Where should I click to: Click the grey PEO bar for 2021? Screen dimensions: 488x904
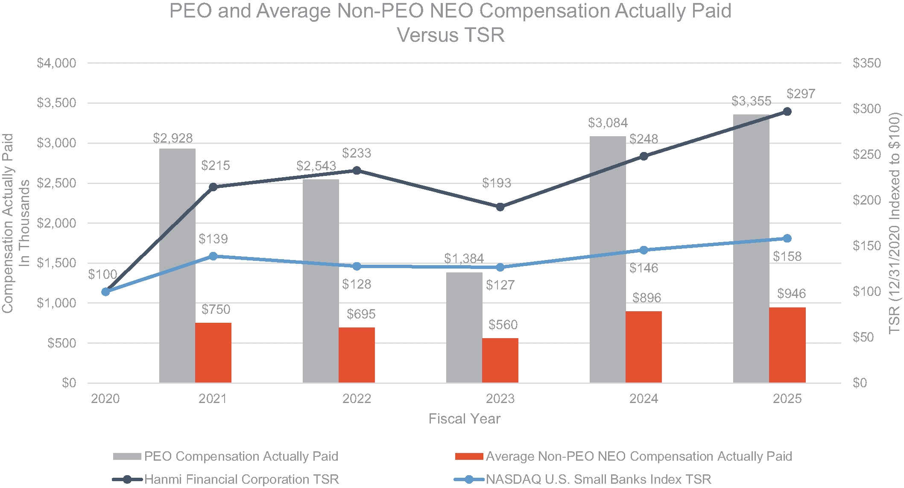tap(177, 265)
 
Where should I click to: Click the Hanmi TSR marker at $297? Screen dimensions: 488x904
tap(787, 112)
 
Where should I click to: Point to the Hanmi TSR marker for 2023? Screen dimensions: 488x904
tap(500, 207)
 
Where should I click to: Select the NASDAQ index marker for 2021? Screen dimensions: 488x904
tap(213, 256)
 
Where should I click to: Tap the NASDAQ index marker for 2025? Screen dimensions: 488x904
tap(787, 239)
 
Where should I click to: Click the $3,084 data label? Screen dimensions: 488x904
tap(608, 123)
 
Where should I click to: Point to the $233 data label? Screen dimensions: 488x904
tap(357, 153)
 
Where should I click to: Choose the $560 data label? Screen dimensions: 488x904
tap(503, 325)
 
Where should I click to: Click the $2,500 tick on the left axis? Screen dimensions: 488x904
tap(56, 183)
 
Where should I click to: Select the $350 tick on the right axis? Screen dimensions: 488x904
tap(866, 63)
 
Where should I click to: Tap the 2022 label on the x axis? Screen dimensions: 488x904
tap(357, 399)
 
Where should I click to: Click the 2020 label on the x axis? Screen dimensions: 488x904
tap(105, 399)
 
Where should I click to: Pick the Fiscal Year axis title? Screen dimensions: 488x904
tap(464, 419)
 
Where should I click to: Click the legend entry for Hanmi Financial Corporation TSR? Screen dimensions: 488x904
tap(241, 479)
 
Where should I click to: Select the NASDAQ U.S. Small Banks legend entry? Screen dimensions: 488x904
tap(598, 479)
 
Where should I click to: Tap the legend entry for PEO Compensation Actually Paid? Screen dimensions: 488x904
tap(241, 456)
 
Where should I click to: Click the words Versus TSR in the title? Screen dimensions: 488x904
tap(451, 35)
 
